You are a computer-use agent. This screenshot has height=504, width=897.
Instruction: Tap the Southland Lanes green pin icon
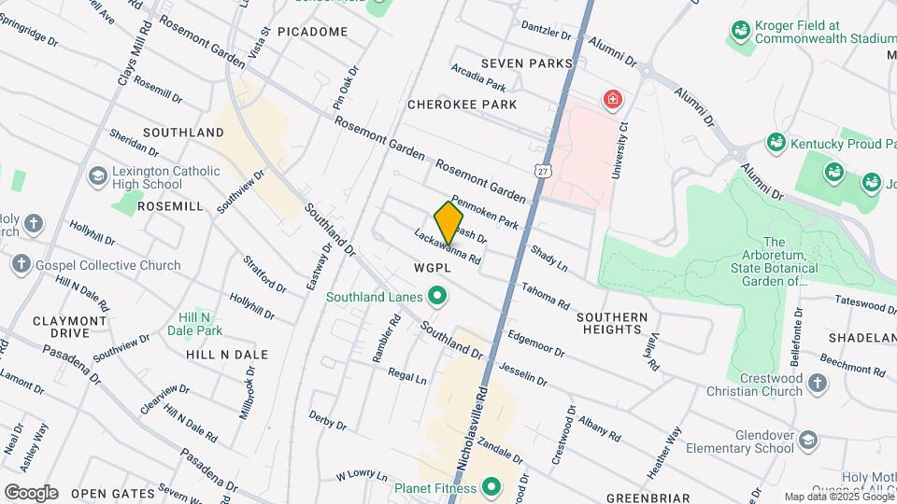435,298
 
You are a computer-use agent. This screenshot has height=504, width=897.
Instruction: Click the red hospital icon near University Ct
613,99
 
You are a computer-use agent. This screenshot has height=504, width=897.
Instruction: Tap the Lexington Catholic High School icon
97,176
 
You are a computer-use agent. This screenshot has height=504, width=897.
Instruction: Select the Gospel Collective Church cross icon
21,265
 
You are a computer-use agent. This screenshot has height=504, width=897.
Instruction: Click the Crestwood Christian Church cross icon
817,384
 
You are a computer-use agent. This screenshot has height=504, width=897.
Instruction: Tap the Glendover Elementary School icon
809,439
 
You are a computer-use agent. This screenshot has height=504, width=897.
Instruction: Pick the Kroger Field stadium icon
740,31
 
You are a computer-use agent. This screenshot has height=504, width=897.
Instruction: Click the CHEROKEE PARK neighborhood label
462,105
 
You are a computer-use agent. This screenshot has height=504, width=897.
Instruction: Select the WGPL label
433,268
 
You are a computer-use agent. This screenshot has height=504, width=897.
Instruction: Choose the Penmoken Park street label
484,212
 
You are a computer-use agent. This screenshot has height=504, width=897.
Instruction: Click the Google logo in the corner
31,492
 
